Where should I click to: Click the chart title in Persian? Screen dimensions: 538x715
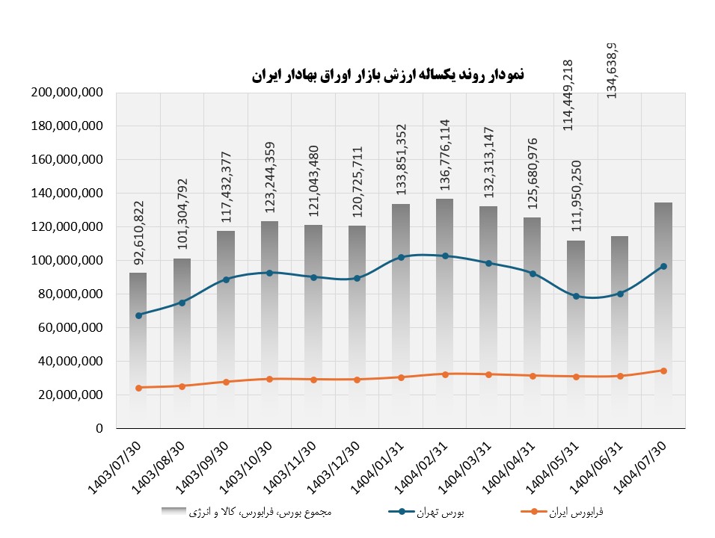pyautogui.click(x=387, y=74)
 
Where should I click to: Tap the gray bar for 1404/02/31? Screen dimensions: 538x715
pyautogui.click(x=445, y=336)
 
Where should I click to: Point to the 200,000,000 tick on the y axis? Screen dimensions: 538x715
pyautogui.click(x=67, y=93)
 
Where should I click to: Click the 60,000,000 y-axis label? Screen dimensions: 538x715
pyautogui.click(x=67, y=328)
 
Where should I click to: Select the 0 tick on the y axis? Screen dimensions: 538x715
pyautogui.click(x=98, y=429)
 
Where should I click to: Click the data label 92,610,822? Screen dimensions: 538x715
pyautogui.click(x=138, y=232)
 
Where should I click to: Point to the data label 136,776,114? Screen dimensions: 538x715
pyautogui.click(x=446, y=154)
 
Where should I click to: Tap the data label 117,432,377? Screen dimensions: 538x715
pyautogui.click(x=226, y=182)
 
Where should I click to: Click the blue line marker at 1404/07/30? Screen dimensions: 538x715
pyautogui.click(x=663, y=266)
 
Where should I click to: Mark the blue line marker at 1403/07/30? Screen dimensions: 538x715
pyautogui.click(x=138, y=315)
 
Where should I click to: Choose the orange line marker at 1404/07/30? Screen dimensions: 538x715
pyautogui.click(x=663, y=371)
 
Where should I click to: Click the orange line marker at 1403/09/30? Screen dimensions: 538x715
pyautogui.click(x=226, y=382)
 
